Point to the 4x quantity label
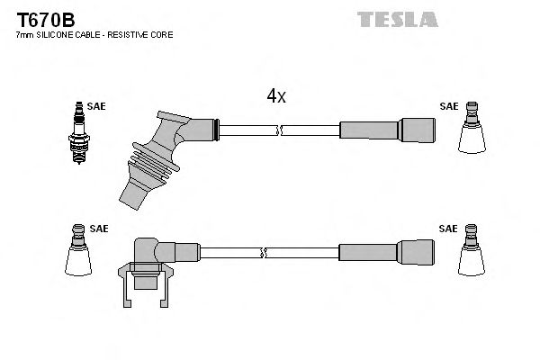coord(275,95)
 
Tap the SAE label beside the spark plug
coord(97,106)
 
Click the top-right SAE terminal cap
coord(471,130)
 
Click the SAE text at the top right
coord(448,106)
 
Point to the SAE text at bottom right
coord(448,229)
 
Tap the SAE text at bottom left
coord(98,229)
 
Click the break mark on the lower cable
coord(263,251)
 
